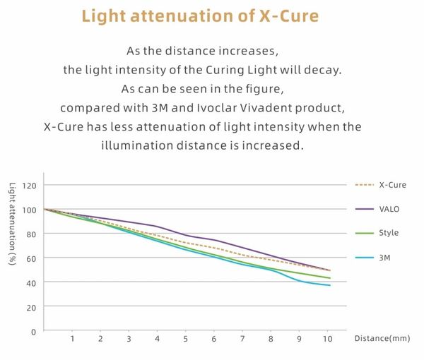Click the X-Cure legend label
click(x=392, y=185)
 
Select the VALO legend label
click(x=390, y=209)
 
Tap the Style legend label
click(x=389, y=233)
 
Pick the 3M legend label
click(x=385, y=258)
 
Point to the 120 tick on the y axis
click(x=29, y=186)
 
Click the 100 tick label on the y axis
click(x=29, y=210)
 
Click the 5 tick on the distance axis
click(x=185, y=340)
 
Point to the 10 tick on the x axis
click(x=327, y=340)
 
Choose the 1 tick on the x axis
click(x=72, y=340)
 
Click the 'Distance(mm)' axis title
click(x=382, y=339)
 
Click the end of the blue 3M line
click(x=329, y=284)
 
